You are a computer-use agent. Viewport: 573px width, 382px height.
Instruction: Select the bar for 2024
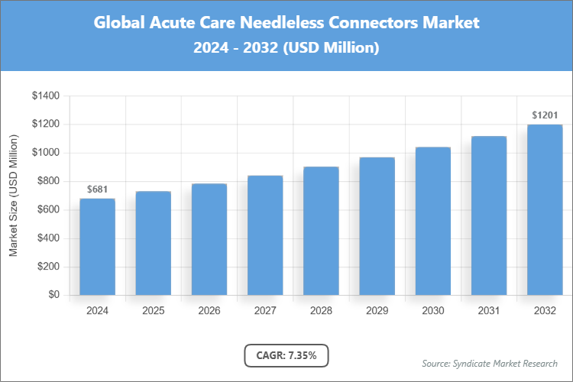(x=97, y=247)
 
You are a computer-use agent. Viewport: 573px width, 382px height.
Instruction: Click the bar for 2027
(x=265, y=235)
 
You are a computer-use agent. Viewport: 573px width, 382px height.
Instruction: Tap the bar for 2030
(x=432, y=221)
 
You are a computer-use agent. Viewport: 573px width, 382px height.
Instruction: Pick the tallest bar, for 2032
(x=545, y=209)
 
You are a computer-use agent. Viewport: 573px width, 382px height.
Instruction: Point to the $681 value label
(x=97, y=189)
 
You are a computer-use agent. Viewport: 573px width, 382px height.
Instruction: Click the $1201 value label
(x=545, y=115)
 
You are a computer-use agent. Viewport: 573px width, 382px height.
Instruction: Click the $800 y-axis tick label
(x=46, y=181)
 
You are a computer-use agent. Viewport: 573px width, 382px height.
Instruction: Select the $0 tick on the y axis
(x=53, y=295)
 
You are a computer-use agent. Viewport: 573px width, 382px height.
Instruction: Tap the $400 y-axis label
(x=46, y=238)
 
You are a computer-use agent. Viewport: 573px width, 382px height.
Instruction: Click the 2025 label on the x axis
(x=153, y=311)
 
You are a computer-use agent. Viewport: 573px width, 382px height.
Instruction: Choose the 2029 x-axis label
(x=377, y=311)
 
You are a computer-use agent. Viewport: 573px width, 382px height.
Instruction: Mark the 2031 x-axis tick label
(x=489, y=311)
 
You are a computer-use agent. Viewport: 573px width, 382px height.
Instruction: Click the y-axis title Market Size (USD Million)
(x=13, y=196)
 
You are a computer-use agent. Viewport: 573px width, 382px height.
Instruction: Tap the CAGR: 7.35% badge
(x=286, y=355)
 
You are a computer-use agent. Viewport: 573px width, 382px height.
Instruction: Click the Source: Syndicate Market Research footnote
(x=490, y=363)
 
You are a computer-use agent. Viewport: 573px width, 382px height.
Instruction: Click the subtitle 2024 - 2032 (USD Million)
(x=286, y=47)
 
